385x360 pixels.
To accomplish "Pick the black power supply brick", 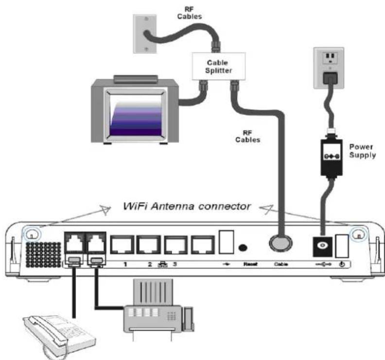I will [332, 156].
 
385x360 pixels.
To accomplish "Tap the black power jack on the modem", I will [322, 245].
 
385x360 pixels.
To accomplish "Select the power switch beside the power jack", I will [342, 244].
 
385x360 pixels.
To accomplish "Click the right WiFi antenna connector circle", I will [358, 234].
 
